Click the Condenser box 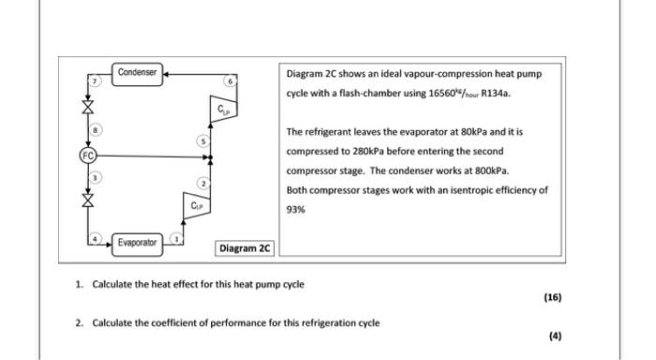[x=138, y=71]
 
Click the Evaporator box [x=138, y=243]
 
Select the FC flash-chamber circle [x=87, y=155]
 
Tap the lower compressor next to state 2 [x=195, y=204]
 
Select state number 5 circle [x=200, y=140]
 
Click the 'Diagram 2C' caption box [x=244, y=248]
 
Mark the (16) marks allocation [x=552, y=297]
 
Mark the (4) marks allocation [x=555, y=336]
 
